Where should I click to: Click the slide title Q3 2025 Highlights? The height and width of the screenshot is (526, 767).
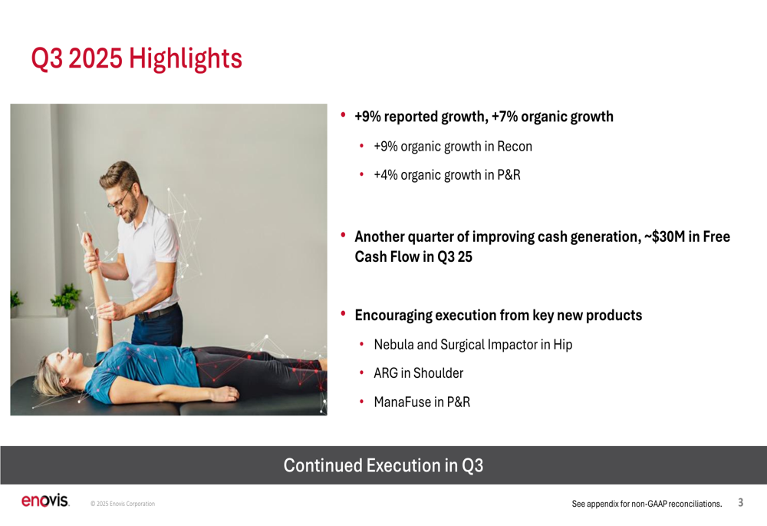pos(137,59)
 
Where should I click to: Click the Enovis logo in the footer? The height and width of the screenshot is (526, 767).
pos(45,501)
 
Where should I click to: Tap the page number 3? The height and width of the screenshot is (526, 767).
pos(741,502)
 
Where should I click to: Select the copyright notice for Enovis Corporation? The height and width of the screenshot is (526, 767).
pos(123,504)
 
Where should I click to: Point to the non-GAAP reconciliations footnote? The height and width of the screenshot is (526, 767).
pos(647,504)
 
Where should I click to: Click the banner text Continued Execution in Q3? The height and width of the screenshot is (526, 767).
pos(383,465)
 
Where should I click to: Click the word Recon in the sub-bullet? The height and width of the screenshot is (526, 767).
pos(515,147)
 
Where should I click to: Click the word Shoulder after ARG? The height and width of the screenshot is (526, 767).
pos(438,373)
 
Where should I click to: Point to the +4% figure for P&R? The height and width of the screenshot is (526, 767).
pos(385,175)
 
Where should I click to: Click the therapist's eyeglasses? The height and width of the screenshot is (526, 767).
pos(118,200)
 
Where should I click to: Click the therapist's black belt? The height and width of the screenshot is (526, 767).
pos(156,313)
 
